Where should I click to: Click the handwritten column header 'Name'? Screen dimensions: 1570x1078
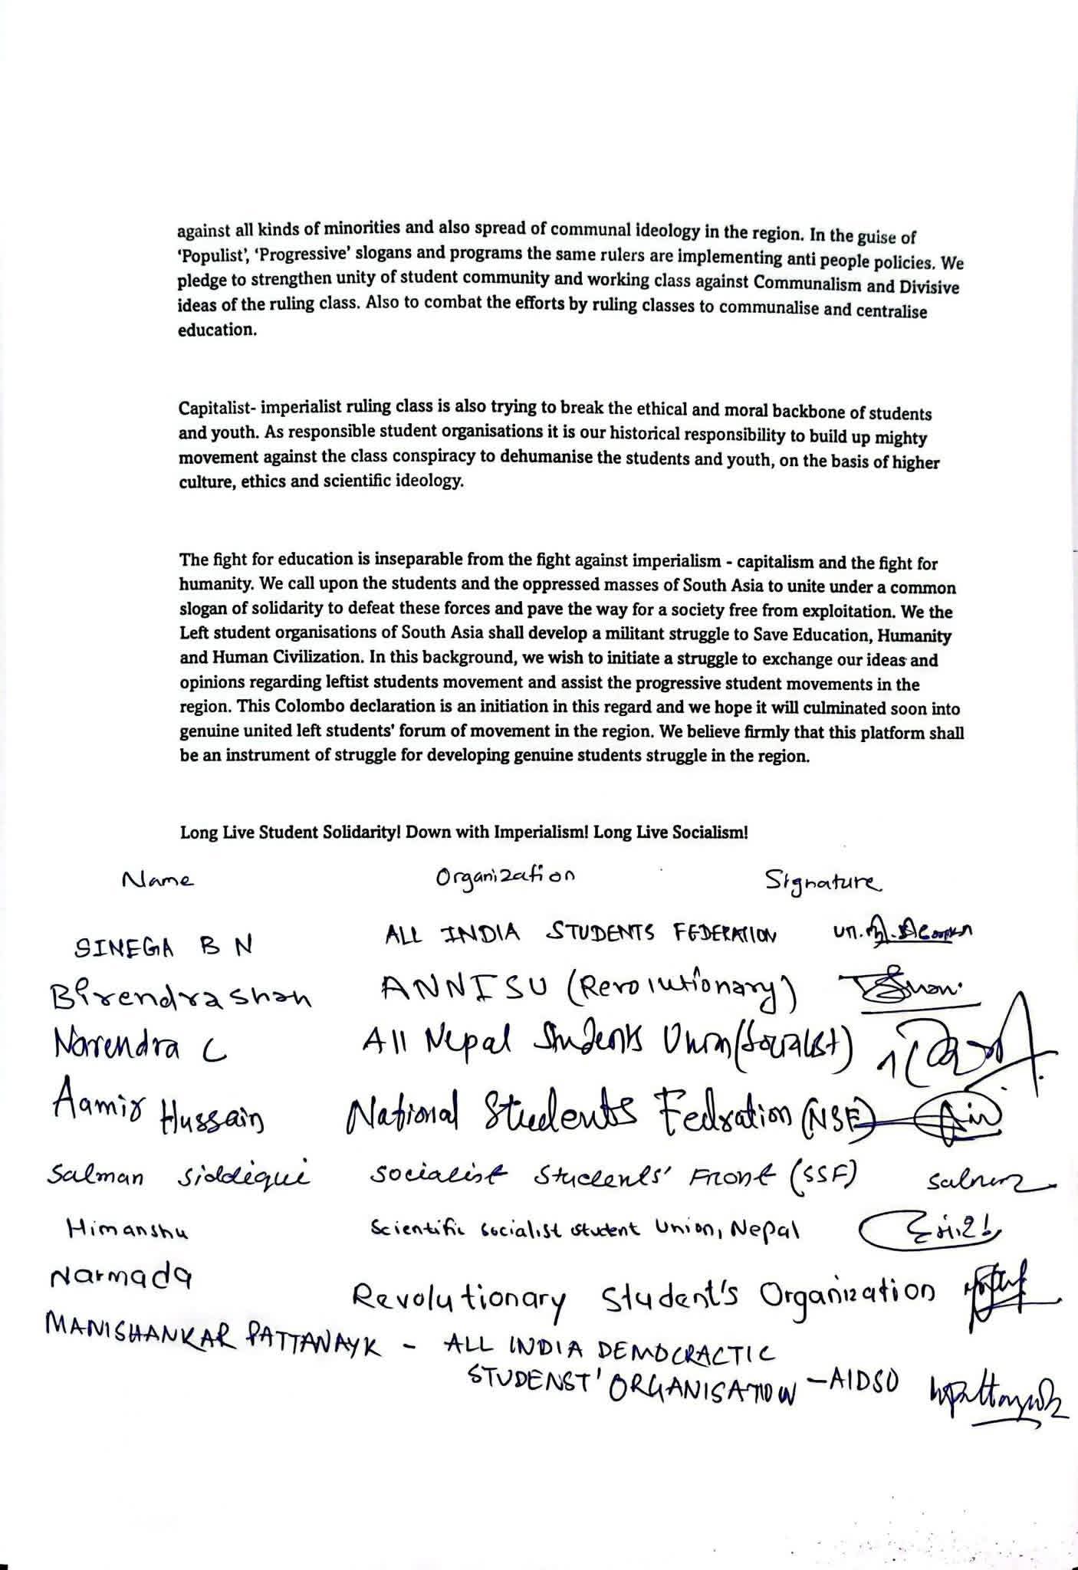pyautogui.click(x=158, y=880)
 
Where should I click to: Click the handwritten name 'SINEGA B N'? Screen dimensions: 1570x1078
pyautogui.click(x=163, y=948)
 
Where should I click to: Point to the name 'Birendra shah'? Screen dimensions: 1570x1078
pyautogui.click(x=181, y=998)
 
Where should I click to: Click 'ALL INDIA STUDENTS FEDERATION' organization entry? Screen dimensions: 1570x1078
pyautogui.click(x=581, y=934)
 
